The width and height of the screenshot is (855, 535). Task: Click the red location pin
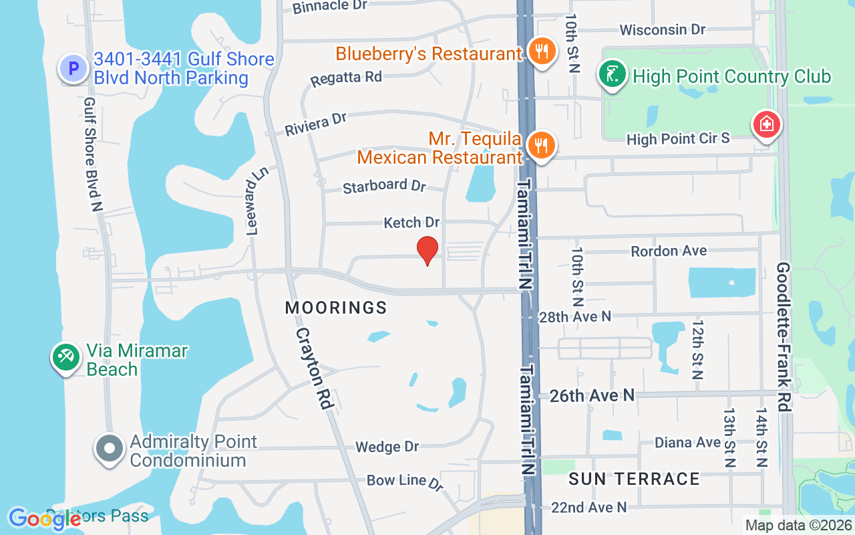(x=427, y=251)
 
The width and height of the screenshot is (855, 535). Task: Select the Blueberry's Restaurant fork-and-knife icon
(x=542, y=51)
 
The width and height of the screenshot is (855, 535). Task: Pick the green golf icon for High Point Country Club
(x=612, y=75)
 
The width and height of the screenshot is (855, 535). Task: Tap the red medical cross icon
(x=767, y=125)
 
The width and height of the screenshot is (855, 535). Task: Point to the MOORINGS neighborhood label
(x=336, y=308)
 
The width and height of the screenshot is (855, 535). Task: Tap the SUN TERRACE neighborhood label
(x=634, y=479)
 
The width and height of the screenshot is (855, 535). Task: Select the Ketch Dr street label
(x=411, y=222)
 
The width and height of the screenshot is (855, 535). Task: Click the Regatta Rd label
(x=346, y=78)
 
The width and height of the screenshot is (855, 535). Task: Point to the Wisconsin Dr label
(x=662, y=30)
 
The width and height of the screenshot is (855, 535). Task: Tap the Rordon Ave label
(x=669, y=251)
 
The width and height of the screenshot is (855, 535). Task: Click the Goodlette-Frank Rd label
(x=784, y=336)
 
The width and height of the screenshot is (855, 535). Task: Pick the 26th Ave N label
(x=591, y=396)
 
